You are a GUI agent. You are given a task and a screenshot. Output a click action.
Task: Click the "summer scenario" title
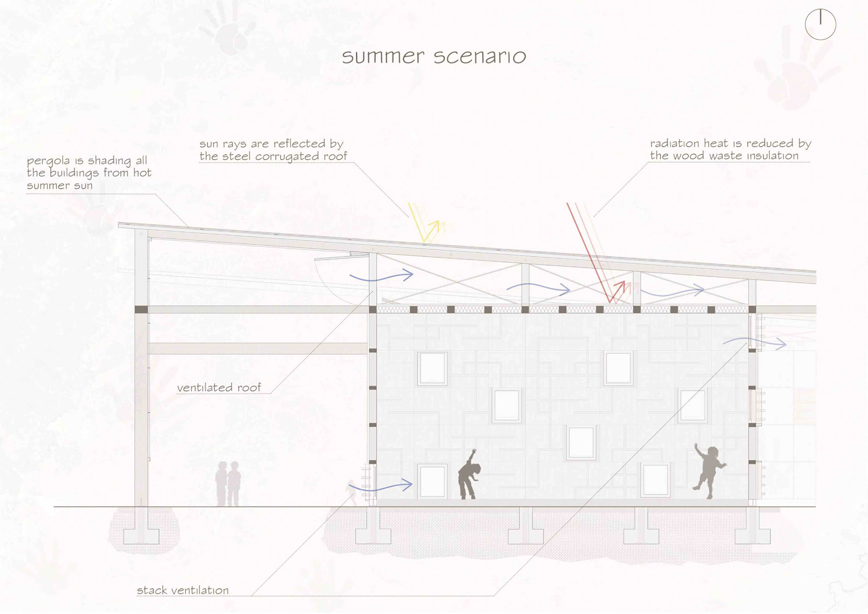[434, 57]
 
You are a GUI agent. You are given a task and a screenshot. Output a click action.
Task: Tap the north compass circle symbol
[820, 24]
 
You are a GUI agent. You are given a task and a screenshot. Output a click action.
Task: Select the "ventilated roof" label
[219, 388]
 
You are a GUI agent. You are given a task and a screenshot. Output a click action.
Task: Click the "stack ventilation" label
[183, 590]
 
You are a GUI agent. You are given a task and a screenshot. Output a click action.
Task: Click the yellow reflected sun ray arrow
[427, 226]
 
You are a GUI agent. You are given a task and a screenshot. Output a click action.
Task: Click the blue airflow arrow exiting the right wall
[755, 343]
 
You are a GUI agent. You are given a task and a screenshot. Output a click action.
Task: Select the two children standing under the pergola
[228, 483]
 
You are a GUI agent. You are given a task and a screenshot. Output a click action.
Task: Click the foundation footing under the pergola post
[142, 536]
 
